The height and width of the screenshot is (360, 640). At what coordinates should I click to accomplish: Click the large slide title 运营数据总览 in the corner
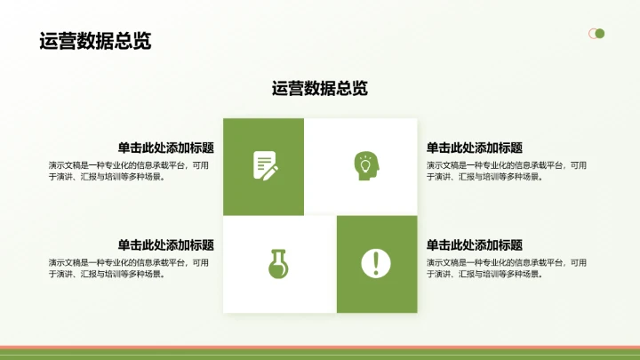pyautogui.click(x=95, y=42)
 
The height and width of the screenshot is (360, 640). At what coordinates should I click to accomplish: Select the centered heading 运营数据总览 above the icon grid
pyautogui.click(x=320, y=88)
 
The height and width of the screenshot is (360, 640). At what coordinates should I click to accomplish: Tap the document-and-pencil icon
pyautogui.click(x=265, y=164)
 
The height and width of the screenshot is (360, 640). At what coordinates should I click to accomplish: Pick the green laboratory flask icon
pyautogui.click(x=279, y=263)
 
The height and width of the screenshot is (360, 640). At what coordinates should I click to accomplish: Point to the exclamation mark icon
pyautogui.click(x=376, y=263)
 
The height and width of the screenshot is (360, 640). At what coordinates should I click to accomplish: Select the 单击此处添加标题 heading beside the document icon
pyautogui.click(x=171, y=148)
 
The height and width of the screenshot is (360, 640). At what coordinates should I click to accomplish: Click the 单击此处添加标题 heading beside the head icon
pyautogui.click(x=474, y=148)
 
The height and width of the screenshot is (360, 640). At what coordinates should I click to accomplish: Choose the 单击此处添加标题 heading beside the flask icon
pyautogui.click(x=171, y=245)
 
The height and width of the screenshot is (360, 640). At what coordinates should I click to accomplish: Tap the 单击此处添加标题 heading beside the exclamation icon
pyautogui.click(x=474, y=245)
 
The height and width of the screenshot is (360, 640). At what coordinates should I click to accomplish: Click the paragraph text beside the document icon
pyautogui.click(x=129, y=170)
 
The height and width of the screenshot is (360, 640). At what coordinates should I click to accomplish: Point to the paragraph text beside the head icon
pyautogui.click(x=506, y=170)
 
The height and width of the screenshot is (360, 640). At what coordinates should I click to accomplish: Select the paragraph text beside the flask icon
pyautogui.click(x=129, y=268)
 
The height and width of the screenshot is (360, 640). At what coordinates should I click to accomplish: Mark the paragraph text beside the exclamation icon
pyautogui.click(x=506, y=268)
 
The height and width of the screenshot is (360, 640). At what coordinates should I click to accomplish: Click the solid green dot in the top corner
pyautogui.click(x=600, y=34)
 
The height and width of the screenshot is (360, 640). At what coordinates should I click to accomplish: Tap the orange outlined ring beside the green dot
pyautogui.click(x=591, y=34)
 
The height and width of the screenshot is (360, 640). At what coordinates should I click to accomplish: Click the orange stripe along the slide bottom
pyautogui.click(x=320, y=347)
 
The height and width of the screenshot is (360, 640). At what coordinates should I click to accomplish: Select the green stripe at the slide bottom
pyautogui.click(x=320, y=355)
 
